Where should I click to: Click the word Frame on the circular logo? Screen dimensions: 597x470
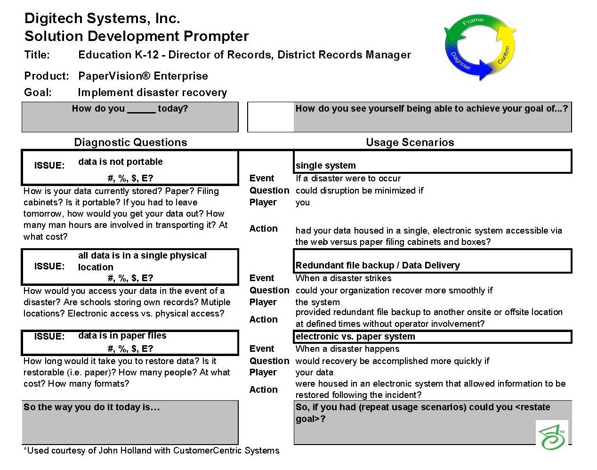click(x=473, y=21)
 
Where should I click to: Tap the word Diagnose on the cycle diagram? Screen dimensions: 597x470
click(x=460, y=60)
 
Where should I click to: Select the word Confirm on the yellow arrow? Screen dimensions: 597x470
click(x=503, y=55)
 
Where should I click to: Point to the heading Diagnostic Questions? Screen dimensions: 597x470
click(x=131, y=142)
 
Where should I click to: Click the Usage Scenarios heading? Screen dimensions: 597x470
click(x=410, y=142)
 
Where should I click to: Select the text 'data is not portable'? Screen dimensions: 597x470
click(x=121, y=162)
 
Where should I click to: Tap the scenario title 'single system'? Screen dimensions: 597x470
click(x=326, y=165)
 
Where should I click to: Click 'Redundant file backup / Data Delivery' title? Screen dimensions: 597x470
click(x=378, y=266)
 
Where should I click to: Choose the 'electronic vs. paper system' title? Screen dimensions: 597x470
click(x=355, y=337)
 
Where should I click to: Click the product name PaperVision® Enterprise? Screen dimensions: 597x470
click(x=143, y=76)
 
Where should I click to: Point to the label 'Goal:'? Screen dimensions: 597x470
click(x=38, y=92)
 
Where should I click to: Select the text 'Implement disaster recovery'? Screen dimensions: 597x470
click(x=152, y=93)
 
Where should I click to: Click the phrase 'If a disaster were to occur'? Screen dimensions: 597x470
click(x=348, y=178)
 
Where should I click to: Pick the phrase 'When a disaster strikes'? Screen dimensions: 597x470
click(x=343, y=278)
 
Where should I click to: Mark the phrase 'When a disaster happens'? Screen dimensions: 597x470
click(x=347, y=349)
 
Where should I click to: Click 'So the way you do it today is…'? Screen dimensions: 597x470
click(x=91, y=407)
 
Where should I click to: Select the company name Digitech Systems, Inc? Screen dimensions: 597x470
click(x=102, y=18)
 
